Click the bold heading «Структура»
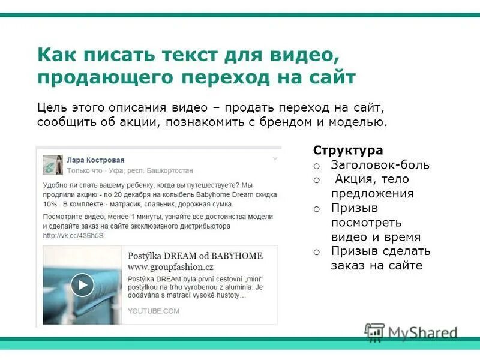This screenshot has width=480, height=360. (x=348, y=150)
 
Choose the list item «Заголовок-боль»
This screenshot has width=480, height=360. (x=380, y=165)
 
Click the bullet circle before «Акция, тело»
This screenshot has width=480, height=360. (x=317, y=180)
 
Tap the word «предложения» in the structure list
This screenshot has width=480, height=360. (x=372, y=194)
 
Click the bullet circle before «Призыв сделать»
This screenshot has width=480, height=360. (x=317, y=252)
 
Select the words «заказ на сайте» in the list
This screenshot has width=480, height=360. (x=376, y=266)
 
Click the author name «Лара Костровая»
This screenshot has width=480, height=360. (x=95, y=160)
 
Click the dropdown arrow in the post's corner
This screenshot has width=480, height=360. (x=275, y=159)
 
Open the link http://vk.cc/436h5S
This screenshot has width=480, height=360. (x=73, y=236)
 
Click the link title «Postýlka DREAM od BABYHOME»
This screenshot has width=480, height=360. (x=195, y=256)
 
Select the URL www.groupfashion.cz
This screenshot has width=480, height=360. (x=170, y=267)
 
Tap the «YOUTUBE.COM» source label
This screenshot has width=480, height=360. (x=154, y=311)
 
